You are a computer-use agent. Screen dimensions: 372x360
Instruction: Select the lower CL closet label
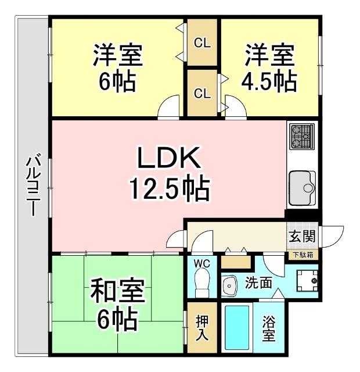tap(202, 94)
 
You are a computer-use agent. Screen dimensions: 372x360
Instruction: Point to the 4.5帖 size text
tap(269, 81)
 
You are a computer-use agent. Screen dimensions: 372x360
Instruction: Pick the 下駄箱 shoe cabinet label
tap(301, 254)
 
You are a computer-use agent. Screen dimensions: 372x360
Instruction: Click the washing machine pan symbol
tap(306, 282)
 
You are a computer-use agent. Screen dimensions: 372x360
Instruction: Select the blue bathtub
tap(237, 328)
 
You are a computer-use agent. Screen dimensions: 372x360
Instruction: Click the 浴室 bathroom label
tap(268, 329)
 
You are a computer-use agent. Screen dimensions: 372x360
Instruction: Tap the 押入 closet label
tap(202, 328)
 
